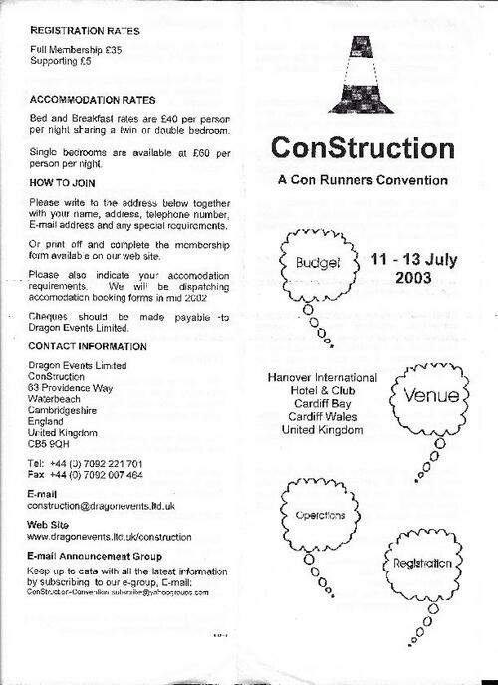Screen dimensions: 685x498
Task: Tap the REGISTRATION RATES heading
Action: tap(85, 31)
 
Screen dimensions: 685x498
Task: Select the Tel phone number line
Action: tap(86, 464)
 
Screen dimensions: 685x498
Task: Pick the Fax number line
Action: tap(86, 475)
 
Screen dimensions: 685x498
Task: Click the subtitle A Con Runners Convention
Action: tap(363, 180)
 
